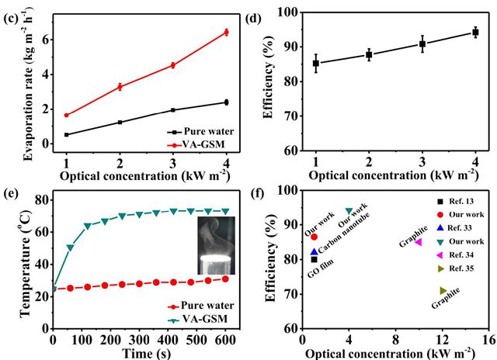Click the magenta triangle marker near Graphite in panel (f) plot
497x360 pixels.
tap(418, 242)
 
